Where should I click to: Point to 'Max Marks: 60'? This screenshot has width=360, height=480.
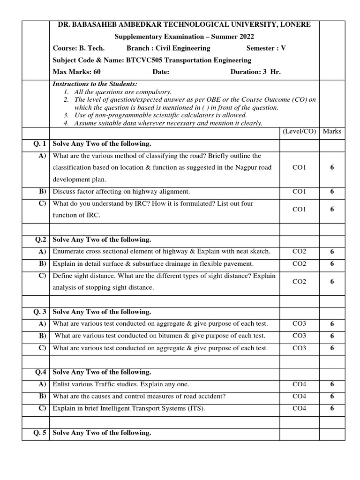click(x=76, y=72)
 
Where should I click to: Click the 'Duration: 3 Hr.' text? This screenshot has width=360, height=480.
click(x=255, y=72)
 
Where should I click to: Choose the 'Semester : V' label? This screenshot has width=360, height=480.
click(x=266, y=48)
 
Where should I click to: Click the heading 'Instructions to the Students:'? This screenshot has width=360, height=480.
click(x=95, y=84)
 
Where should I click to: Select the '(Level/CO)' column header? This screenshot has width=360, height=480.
click(x=299, y=132)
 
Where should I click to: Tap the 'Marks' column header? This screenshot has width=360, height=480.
click(x=332, y=132)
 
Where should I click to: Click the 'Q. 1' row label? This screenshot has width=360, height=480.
click(x=39, y=144)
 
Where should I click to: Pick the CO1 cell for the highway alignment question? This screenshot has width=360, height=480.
click(x=299, y=191)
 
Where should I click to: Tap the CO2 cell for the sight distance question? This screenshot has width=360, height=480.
click(x=299, y=281)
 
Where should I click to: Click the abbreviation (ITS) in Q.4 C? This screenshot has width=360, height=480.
click(x=196, y=408)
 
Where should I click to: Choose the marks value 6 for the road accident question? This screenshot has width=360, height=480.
click(x=332, y=396)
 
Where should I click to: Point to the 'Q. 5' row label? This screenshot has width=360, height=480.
click(x=39, y=433)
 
